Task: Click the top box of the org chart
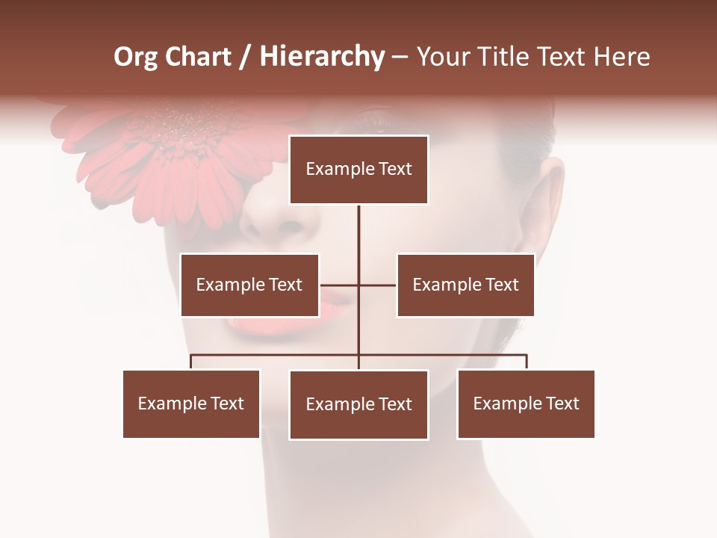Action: [x=358, y=170]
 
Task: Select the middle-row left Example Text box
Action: [x=249, y=285]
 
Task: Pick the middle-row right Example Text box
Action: [x=465, y=285]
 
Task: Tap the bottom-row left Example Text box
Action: [x=191, y=403]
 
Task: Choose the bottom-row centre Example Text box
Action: [x=358, y=404]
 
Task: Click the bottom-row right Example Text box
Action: [x=526, y=403]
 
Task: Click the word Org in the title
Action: [x=135, y=57]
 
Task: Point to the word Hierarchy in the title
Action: [x=322, y=57]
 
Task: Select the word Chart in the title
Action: [x=199, y=57]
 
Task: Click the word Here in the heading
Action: [x=621, y=57]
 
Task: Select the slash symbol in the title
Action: [x=246, y=57]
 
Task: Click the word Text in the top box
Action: [x=394, y=169]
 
